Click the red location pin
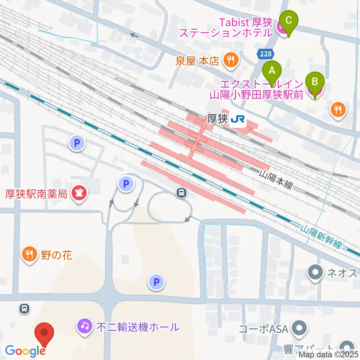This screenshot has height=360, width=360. pyautogui.click(x=44, y=333)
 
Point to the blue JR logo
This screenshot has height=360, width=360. pyautogui.click(x=238, y=119)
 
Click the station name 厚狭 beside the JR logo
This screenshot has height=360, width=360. pyautogui.click(x=217, y=119)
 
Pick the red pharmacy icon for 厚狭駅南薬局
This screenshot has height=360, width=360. pyautogui.click(x=79, y=193)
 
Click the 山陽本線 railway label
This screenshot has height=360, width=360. pyautogui.click(x=276, y=180)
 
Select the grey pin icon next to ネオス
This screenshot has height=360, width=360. pyautogui.click(x=315, y=273)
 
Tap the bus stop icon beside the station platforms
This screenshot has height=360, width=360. pyautogui.click(x=182, y=193)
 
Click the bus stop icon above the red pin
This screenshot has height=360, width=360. pyautogui.click(x=24, y=309)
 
